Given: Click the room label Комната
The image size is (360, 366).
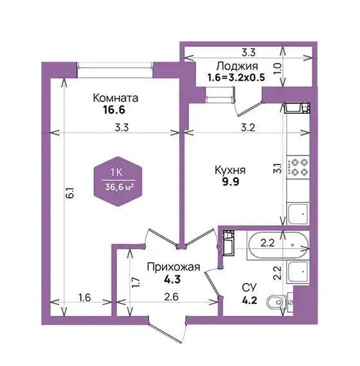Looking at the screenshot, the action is tap(116, 98).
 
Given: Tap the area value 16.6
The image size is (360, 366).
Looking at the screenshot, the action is tap(114, 110).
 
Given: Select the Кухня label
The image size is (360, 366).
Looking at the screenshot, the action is tap(230, 170).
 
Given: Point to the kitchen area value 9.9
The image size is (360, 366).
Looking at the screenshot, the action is tap(231, 181).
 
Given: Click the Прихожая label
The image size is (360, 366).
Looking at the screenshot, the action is tap(174, 267).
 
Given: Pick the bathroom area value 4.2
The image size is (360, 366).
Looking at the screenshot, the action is tap(249, 300).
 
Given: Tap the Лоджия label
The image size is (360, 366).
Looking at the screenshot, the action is tap(237, 66).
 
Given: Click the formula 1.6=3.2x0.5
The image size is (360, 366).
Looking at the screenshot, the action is tap(237, 78).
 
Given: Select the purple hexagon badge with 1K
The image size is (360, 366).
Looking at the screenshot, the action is tap(118, 182).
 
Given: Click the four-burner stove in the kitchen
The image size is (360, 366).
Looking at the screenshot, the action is tap(298, 167).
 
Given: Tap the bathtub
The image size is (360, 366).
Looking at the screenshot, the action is tap(278, 245).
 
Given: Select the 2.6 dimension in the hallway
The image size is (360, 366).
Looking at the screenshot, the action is tap(171, 297).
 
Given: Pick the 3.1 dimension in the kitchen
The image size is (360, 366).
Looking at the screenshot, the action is tap(277, 168).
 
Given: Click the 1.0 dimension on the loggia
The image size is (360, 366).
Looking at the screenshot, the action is tap(277, 69).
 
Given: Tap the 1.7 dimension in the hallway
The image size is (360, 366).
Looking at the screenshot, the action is tap(136, 282).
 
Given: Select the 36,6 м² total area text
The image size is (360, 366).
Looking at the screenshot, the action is tap(120, 187).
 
